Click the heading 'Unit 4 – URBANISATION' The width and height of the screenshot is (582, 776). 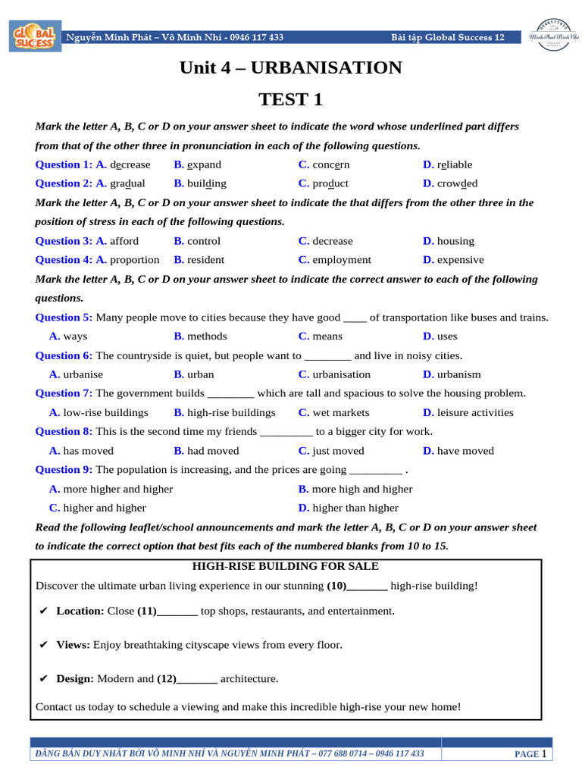click(291, 68)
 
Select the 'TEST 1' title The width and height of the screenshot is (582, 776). click(291, 99)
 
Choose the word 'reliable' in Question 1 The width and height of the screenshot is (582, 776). click(454, 164)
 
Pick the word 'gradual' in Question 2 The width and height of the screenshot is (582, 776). click(127, 183)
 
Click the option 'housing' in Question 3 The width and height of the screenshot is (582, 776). click(455, 241)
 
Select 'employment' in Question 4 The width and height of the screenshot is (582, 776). click(342, 260)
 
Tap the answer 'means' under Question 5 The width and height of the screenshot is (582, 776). click(327, 336)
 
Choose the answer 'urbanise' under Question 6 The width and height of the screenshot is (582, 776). click(83, 374)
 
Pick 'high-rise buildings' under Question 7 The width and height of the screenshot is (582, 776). click(231, 413)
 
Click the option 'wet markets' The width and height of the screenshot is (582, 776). click(341, 413)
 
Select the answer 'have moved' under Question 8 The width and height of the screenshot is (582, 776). click(465, 451)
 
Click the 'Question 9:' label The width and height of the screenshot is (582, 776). click(64, 470)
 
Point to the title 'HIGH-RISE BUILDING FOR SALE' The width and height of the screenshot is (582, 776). click(286, 566)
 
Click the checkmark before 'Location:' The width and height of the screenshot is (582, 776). click(43, 611)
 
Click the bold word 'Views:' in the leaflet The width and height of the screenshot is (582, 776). click(73, 645)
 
